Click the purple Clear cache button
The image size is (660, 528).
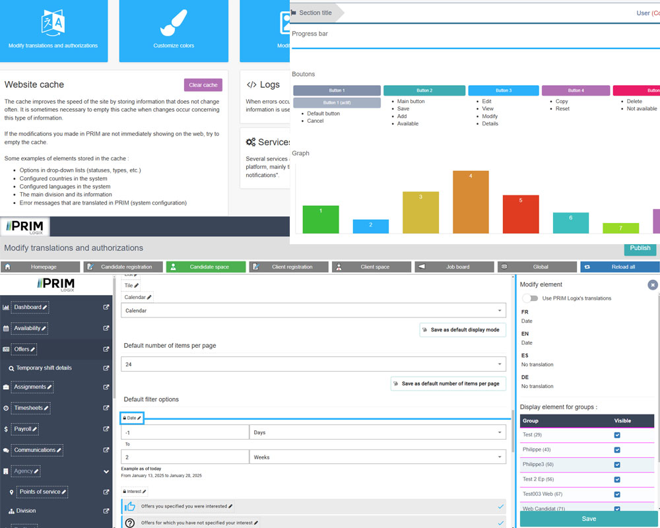click(x=203, y=85)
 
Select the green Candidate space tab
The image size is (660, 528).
click(x=205, y=267)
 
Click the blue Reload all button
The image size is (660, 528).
click(x=619, y=267)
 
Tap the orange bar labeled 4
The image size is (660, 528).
click(x=471, y=202)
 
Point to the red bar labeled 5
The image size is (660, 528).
click(x=521, y=214)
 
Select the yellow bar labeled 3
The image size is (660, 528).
click(x=420, y=212)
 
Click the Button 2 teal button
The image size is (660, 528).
click(x=424, y=90)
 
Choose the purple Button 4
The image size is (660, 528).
click(x=574, y=90)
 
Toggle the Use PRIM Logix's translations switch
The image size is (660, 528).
click(x=530, y=298)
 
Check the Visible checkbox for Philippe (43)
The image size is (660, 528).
click(x=617, y=449)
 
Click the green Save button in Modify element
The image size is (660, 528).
click(x=588, y=519)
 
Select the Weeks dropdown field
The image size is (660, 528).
click(x=378, y=457)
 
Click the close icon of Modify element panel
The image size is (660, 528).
click(x=652, y=284)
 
